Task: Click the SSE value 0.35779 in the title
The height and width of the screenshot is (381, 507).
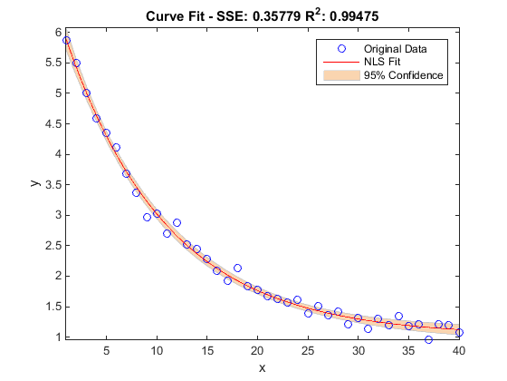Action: (276, 16)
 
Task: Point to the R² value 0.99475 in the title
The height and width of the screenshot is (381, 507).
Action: (354, 16)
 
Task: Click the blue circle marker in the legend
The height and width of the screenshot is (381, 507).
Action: (341, 49)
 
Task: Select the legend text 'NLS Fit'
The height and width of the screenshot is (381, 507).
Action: (382, 62)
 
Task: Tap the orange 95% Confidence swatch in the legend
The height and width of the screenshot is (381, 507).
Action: (341, 75)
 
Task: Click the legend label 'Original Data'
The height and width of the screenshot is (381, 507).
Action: (395, 49)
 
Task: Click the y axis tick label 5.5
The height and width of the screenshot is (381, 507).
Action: (53, 63)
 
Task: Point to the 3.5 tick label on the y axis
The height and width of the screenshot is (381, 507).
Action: (53, 185)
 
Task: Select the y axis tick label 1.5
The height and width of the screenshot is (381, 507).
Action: (53, 307)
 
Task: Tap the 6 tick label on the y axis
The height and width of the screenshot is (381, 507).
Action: (58, 32)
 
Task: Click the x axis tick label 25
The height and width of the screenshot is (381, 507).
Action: (308, 350)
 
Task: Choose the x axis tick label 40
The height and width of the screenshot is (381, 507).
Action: (459, 350)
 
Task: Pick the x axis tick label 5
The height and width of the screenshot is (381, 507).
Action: (107, 350)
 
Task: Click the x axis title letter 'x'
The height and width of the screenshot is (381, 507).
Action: (262, 368)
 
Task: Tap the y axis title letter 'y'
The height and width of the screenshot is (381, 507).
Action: (35, 183)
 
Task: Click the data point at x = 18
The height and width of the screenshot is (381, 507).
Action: (237, 268)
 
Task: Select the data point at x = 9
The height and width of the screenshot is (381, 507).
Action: (147, 217)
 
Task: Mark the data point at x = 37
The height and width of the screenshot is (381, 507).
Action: (429, 339)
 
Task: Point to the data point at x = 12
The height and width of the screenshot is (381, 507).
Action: (177, 222)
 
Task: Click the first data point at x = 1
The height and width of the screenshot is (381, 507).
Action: (66, 40)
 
